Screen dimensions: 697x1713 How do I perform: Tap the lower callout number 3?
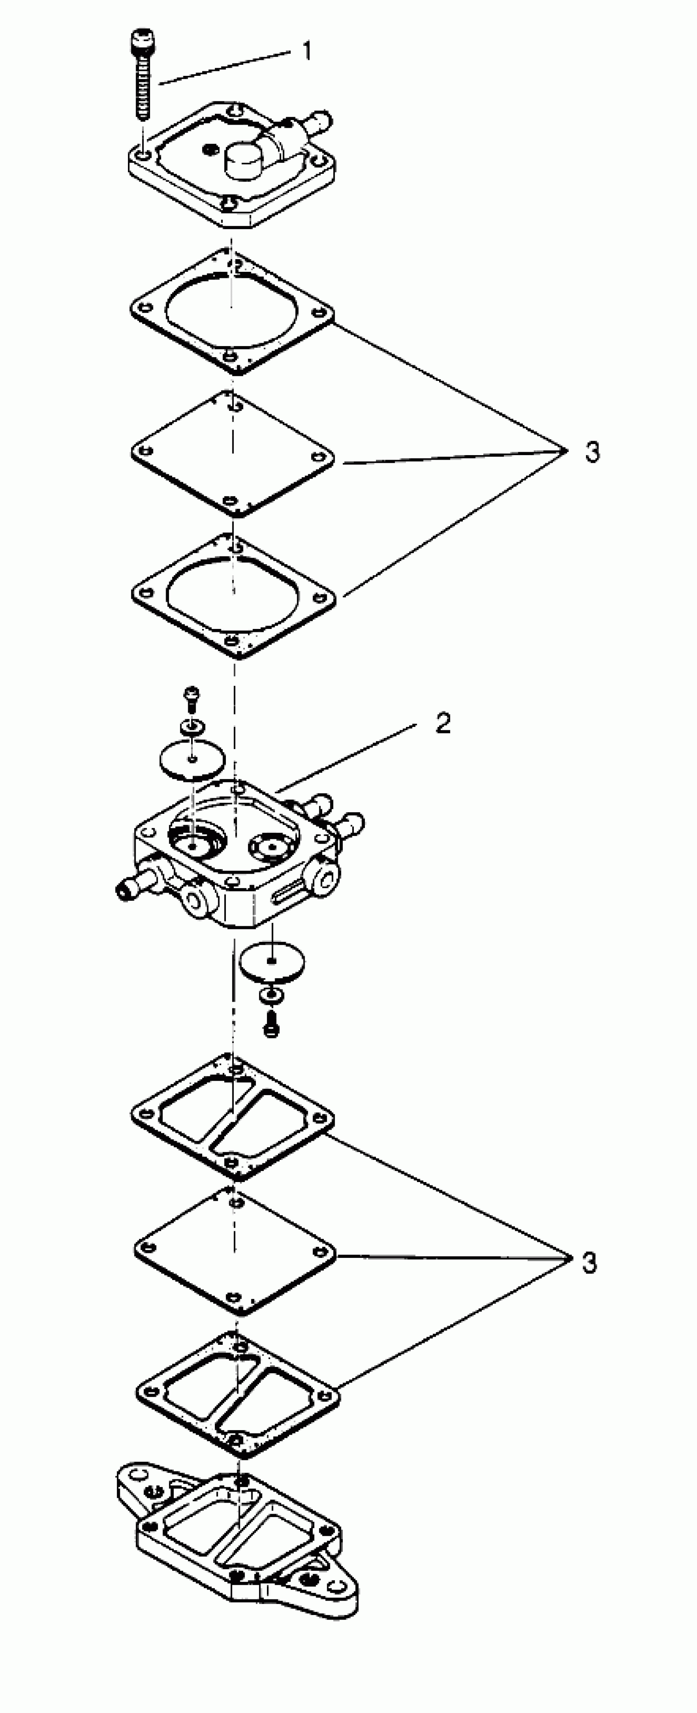[x=589, y=1263]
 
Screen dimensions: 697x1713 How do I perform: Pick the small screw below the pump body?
[x=271, y=1025]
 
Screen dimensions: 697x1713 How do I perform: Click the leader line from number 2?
[x=346, y=757]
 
